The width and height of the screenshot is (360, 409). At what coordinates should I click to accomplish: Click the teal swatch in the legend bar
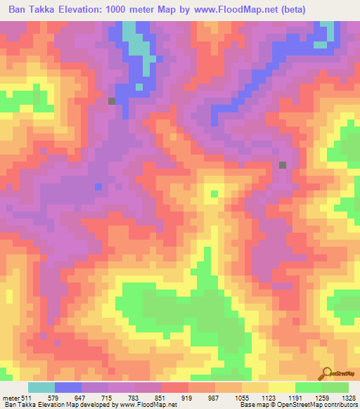click(41, 387)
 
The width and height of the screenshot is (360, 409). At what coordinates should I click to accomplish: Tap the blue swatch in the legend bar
click(68, 387)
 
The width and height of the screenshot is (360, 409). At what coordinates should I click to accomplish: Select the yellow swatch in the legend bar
click(282, 387)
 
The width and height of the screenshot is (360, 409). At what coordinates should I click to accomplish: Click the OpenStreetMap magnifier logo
click(327, 373)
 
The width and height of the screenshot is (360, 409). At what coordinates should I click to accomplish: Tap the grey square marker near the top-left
click(111, 101)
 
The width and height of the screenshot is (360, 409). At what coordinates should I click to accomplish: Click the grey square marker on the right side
click(283, 165)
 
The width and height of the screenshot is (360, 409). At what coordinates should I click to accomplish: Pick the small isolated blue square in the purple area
click(98, 186)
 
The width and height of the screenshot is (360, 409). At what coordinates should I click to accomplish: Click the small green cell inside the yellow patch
click(215, 193)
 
